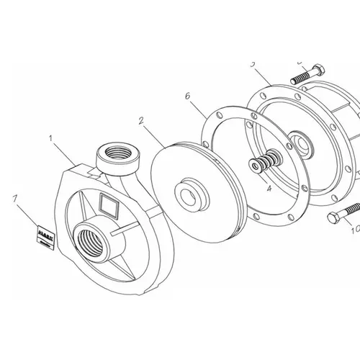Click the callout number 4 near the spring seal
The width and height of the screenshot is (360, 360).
click(x=269, y=190)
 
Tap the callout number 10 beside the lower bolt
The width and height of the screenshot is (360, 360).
click(x=353, y=231)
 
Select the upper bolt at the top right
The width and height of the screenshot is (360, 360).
click(x=305, y=75)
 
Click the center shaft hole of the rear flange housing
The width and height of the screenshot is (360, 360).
click(x=300, y=145)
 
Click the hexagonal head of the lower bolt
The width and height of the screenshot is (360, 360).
click(x=333, y=217)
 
